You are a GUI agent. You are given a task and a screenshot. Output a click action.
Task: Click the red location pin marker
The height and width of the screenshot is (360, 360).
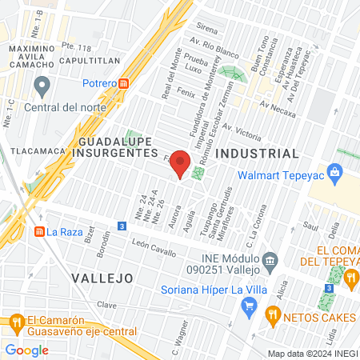(181, 163)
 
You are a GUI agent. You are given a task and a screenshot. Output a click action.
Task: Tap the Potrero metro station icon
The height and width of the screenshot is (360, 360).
(125, 84)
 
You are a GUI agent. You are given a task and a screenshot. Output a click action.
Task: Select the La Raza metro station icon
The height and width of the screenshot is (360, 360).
(38, 232)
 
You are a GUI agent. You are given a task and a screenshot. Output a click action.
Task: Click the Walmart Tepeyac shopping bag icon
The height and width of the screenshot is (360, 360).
(335, 172)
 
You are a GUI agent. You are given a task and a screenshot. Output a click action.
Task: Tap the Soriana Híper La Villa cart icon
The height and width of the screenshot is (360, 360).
(249, 305)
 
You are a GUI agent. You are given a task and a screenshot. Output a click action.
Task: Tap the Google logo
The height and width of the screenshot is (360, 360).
(26, 350)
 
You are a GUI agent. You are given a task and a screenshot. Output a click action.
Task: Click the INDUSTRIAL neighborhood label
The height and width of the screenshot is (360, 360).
(258, 153)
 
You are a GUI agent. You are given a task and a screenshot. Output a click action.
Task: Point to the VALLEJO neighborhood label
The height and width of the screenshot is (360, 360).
(101, 278)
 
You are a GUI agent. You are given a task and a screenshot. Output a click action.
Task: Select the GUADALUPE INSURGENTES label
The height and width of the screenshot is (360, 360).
(115, 146)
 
